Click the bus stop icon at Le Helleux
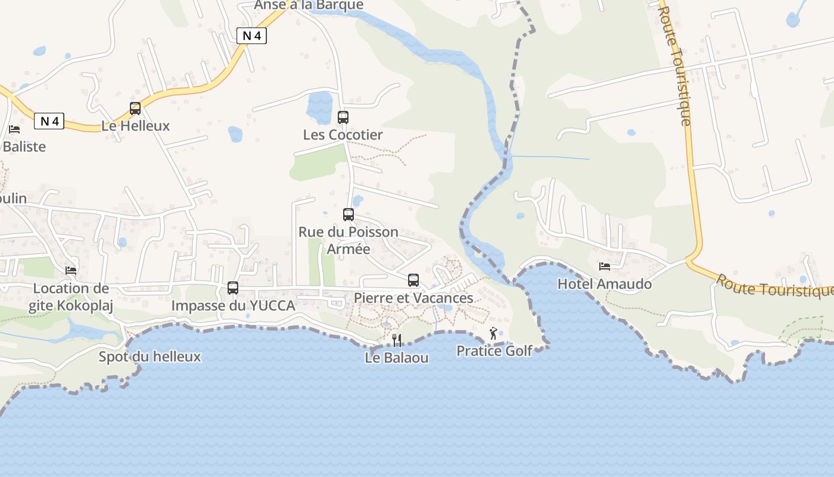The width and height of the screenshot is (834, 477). click(x=135, y=109)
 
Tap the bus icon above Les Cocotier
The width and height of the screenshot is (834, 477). click(x=343, y=117)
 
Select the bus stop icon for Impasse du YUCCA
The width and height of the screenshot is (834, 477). click(x=233, y=288)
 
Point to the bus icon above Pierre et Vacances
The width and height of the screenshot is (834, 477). click(x=413, y=280)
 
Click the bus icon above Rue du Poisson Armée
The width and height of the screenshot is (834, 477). click(x=348, y=215)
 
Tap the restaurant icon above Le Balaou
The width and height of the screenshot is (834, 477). click(x=397, y=340)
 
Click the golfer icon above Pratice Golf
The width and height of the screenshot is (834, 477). click(x=493, y=334)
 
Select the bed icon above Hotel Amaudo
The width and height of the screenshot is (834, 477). click(x=605, y=267)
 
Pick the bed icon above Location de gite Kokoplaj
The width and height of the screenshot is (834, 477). click(x=71, y=271)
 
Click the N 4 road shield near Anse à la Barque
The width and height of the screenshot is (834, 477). click(x=251, y=36)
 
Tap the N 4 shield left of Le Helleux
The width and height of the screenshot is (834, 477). click(x=49, y=122)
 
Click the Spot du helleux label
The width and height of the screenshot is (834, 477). click(x=150, y=357)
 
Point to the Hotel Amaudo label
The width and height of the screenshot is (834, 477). click(x=605, y=284)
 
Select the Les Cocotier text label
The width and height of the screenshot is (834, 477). click(x=343, y=135)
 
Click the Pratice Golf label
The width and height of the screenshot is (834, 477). click(x=494, y=351)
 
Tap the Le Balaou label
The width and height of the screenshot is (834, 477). click(x=397, y=358)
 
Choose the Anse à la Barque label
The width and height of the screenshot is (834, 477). click(x=309, y=5)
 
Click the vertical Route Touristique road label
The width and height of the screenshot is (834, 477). click(x=676, y=66)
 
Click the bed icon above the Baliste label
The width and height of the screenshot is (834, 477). click(x=14, y=129)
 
